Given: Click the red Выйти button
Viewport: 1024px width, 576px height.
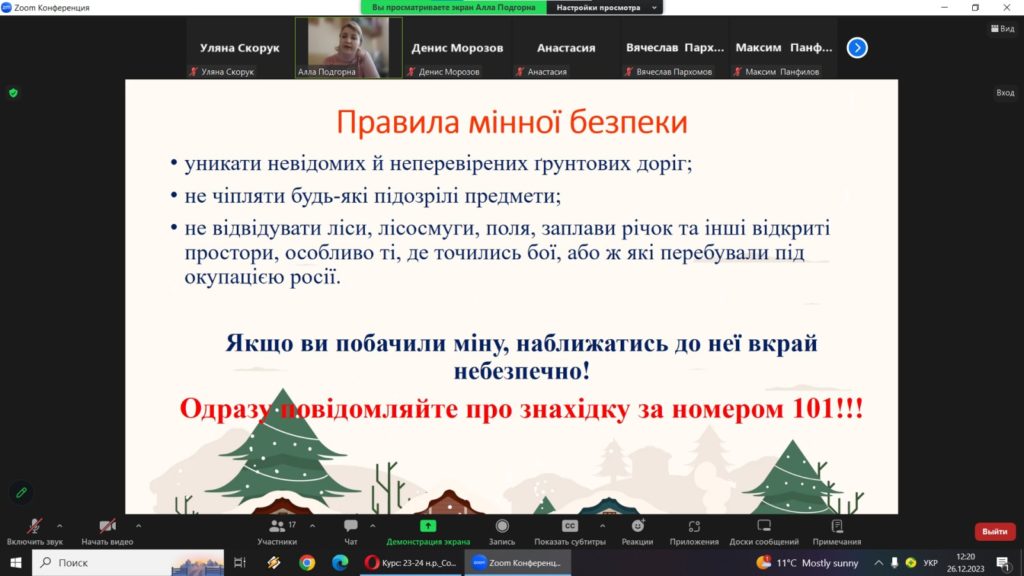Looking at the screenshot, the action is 995,532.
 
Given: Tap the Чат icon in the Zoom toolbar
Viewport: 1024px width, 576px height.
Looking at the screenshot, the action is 351,526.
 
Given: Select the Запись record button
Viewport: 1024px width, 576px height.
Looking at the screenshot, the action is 502,526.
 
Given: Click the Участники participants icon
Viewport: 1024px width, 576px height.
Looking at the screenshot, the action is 277,526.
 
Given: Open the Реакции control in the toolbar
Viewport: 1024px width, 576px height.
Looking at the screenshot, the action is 637,526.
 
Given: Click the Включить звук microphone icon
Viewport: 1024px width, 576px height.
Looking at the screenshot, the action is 34,526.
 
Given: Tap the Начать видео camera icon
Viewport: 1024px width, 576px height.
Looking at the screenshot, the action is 107,526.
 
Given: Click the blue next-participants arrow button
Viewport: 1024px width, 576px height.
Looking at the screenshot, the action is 857,48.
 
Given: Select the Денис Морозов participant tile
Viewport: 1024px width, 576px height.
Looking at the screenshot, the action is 457,48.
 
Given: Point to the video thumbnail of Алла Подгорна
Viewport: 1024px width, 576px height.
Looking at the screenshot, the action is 349,48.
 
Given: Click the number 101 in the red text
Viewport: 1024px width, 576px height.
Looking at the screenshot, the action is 812,409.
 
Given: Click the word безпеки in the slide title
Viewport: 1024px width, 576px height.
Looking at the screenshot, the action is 628,122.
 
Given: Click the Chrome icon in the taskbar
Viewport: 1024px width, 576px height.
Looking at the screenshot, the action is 307,562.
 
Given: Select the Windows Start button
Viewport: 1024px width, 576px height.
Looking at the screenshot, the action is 16,562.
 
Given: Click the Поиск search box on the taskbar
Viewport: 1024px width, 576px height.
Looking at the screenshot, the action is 128,562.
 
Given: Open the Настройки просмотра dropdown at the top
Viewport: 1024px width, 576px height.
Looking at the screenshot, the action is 605,8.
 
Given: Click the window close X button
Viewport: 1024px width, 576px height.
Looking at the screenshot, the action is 1006,7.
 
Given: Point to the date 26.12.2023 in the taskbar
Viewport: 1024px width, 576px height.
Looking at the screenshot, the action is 965,569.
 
